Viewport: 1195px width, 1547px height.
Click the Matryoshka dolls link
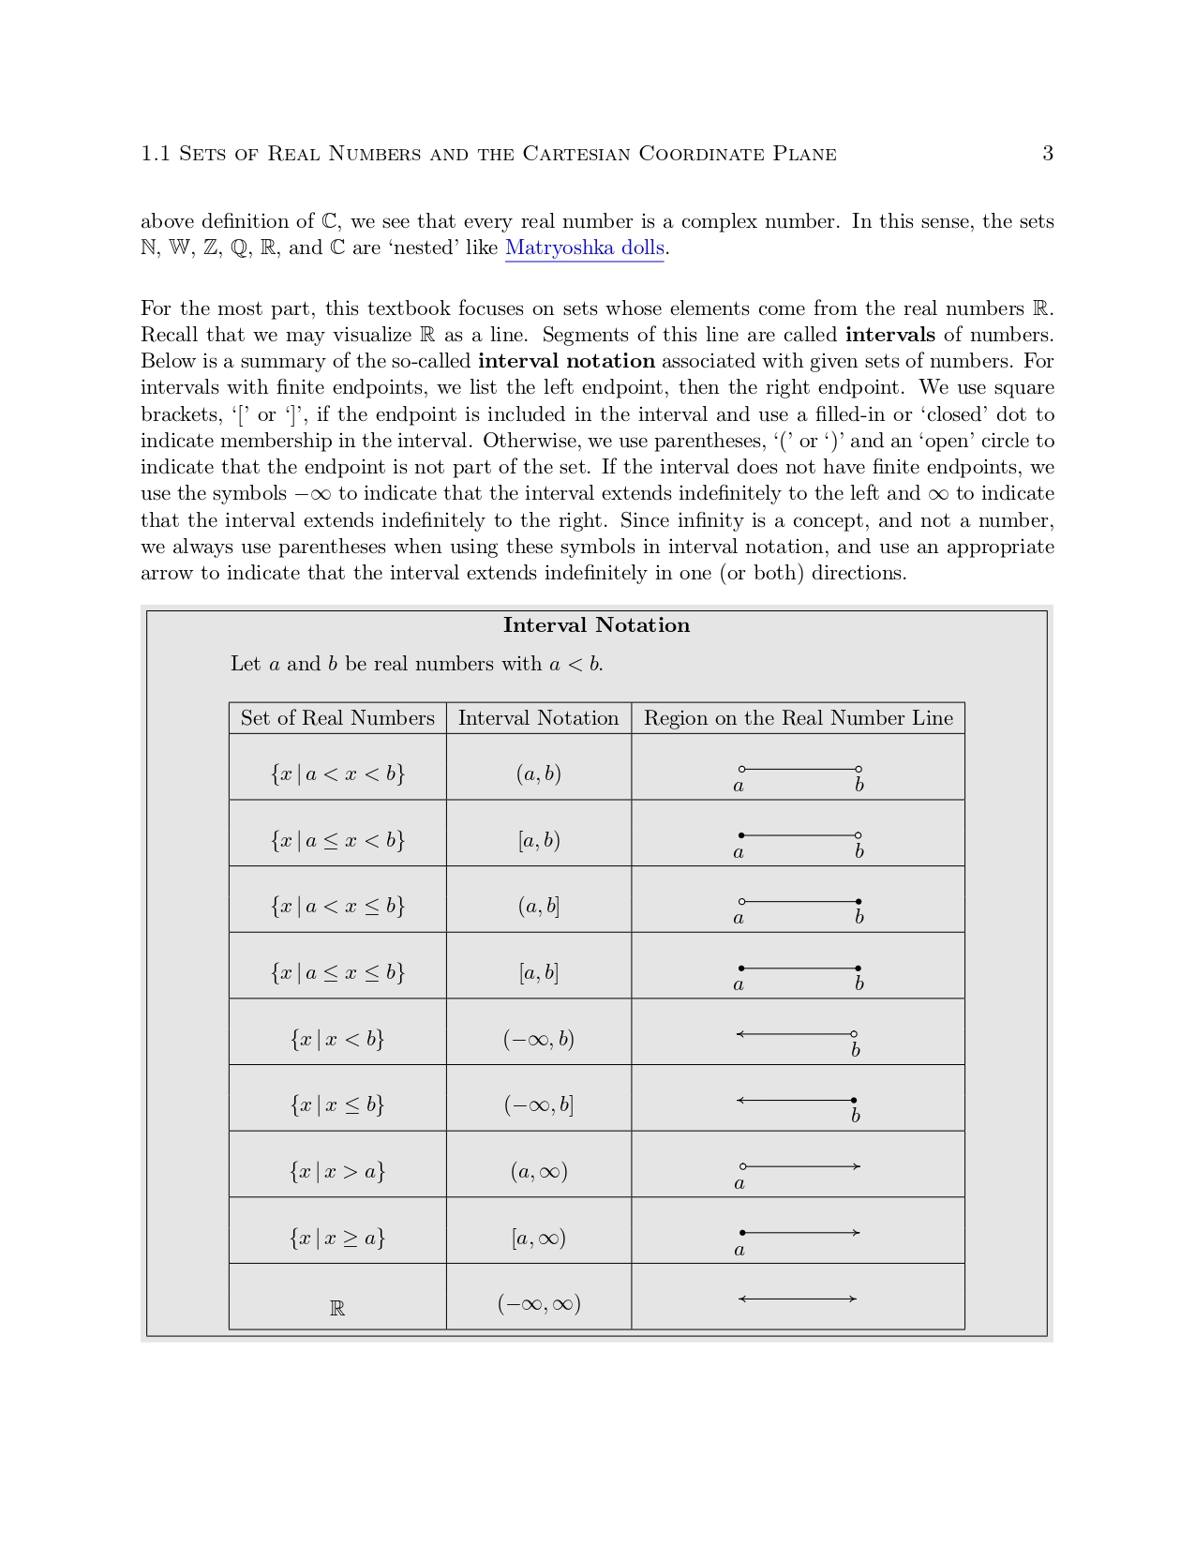tap(585, 248)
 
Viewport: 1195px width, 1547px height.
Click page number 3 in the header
tap(1048, 154)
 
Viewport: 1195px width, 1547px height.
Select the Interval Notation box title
tap(596, 625)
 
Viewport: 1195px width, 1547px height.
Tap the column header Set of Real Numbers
tap(337, 718)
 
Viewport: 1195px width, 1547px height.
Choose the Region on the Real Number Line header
tap(798, 718)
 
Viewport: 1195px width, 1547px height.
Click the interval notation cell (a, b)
tap(539, 773)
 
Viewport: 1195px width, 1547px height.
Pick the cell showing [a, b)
tap(539, 840)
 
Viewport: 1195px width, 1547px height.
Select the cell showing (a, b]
tap(539, 906)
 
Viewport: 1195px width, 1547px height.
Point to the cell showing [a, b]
tap(539, 972)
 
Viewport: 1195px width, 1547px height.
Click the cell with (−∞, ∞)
tap(539, 1303)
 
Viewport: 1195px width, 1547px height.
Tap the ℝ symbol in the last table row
tap(337, 1308)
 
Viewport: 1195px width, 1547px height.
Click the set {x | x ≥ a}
tap(337, 1238)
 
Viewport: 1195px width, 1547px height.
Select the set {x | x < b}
tap(337, 1039)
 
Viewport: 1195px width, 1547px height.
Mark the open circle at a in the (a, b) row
tap(742, 769)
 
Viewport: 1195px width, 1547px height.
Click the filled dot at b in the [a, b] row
tap(859, 968)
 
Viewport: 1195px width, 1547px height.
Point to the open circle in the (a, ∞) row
tap(743, 1166)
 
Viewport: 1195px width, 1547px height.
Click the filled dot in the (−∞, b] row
tap(854, 1100)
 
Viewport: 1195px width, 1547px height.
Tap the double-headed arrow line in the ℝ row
tap(798, 1299)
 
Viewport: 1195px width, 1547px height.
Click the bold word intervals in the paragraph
tap(889, 335)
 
